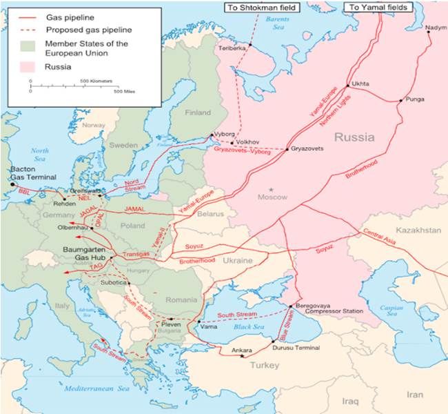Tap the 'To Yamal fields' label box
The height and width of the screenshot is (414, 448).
click(378, 7)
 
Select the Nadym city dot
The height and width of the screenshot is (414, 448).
click(432, 34)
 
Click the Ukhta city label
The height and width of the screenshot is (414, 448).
click(360, 83)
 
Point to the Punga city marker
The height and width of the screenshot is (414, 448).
click(400, 101)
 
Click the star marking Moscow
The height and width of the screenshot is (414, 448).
click(272, 188)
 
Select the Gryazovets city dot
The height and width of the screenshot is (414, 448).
click(286, 150)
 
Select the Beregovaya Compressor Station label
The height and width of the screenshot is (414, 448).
click(328, 308)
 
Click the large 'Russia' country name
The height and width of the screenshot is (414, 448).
click(354, 137)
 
